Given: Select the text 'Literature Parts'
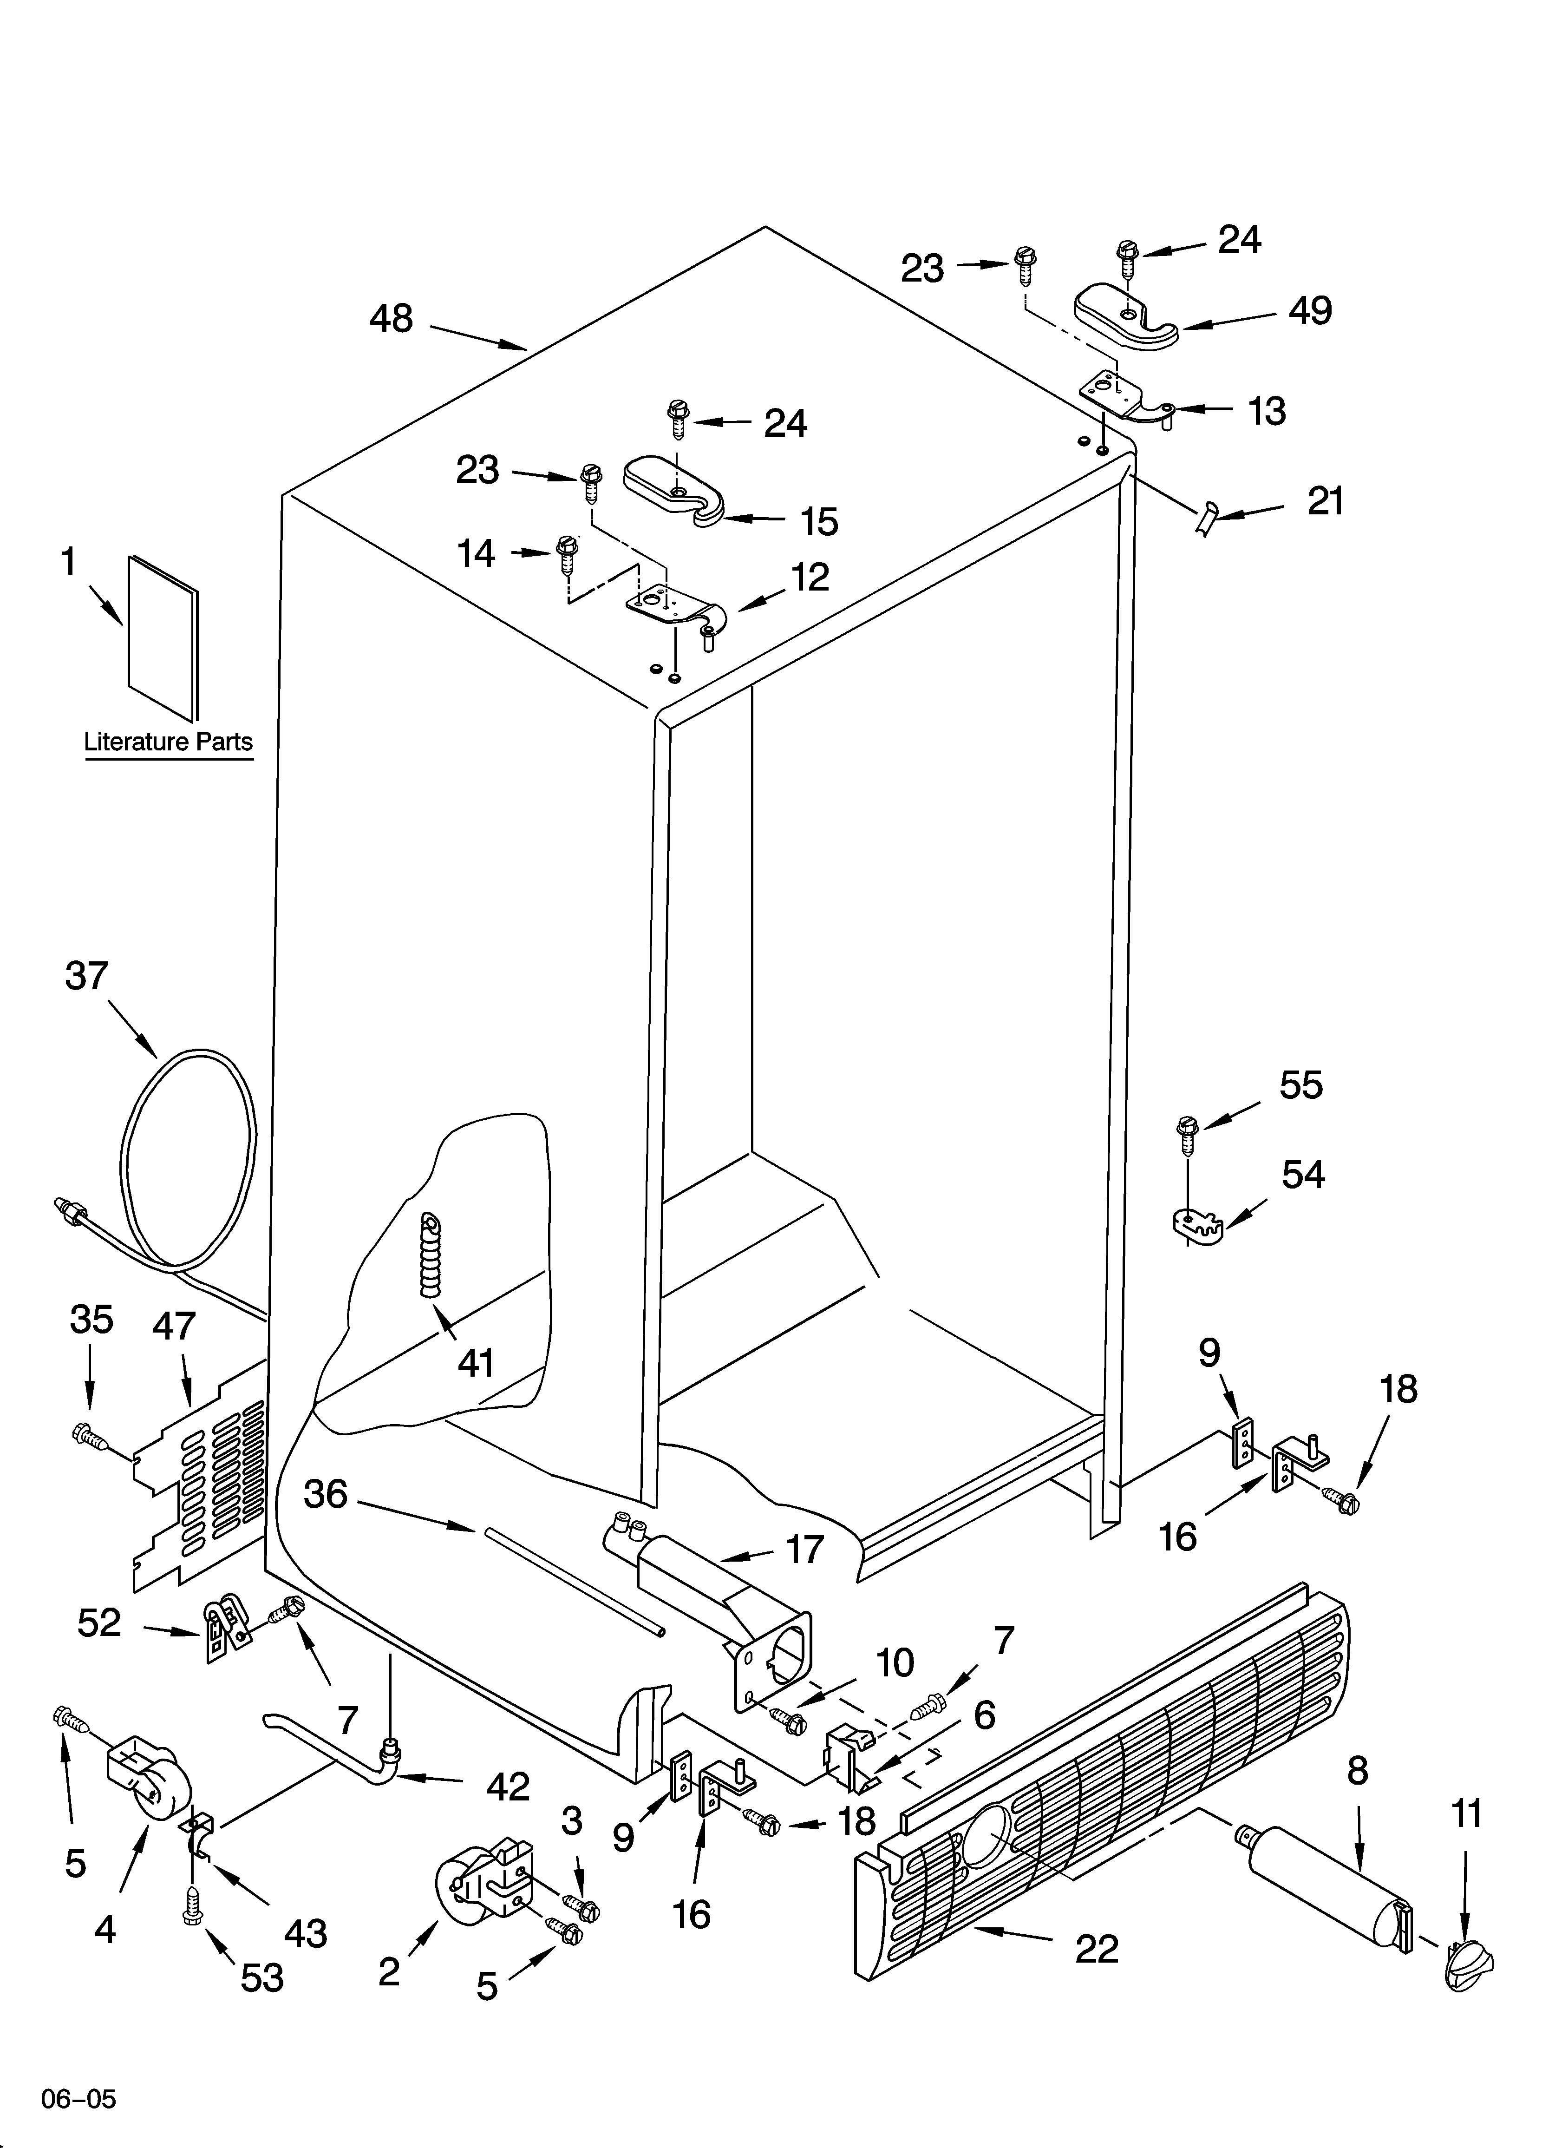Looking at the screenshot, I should [x=169, y=742].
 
